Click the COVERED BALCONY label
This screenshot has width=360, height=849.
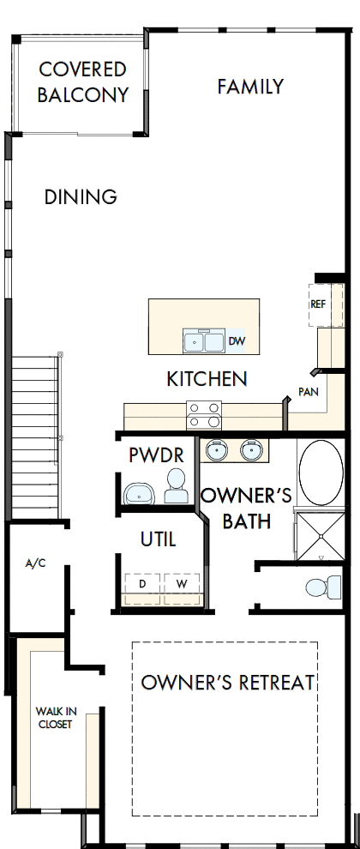tap(82, 81)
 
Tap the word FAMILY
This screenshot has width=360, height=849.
tap(250, 87)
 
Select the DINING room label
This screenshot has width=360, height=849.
tap(81, 196)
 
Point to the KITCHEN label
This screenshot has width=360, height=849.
tap(207, 378)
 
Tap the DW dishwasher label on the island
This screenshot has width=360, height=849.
tap(237, 341)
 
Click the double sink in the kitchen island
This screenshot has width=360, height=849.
tap(203, 341)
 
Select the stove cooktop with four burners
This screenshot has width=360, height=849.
tap(205, 414)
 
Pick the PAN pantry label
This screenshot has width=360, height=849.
tap(309, 391)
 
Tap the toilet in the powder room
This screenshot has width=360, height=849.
tap(177, 486)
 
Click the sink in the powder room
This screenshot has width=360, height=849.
tap(137, 493)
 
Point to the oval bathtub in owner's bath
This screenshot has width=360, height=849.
tap(321, 473)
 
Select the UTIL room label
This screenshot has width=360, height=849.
tap(159, 539)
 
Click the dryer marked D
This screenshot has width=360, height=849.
tap(141, 583)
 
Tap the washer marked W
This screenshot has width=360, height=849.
tap(181, 583)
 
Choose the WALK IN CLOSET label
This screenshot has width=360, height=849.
tap(55, 717)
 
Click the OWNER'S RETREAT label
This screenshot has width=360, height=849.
tap(228, 683)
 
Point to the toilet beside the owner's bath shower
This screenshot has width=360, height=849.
tap(321, 587)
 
